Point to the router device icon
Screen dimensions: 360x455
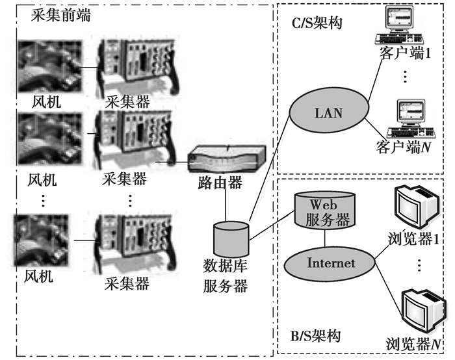(x=226, y=159)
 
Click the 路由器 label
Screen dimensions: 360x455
(x=221, y=183)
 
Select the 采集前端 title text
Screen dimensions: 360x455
(x=60, y=16)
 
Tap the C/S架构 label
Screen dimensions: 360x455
(x=316, y=24)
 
